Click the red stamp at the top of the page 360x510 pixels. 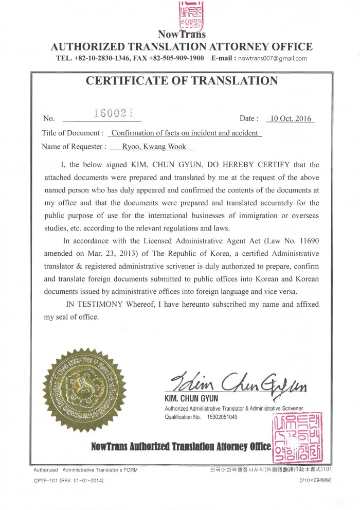[190, 15]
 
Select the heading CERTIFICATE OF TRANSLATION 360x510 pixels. [182, 81]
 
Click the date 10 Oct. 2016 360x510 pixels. [291, 119]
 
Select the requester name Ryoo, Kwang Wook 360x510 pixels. [154, 147]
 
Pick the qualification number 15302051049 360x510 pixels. [222, 417]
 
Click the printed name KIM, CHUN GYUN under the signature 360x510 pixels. [191, 399]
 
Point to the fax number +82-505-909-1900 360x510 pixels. [176, 59]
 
